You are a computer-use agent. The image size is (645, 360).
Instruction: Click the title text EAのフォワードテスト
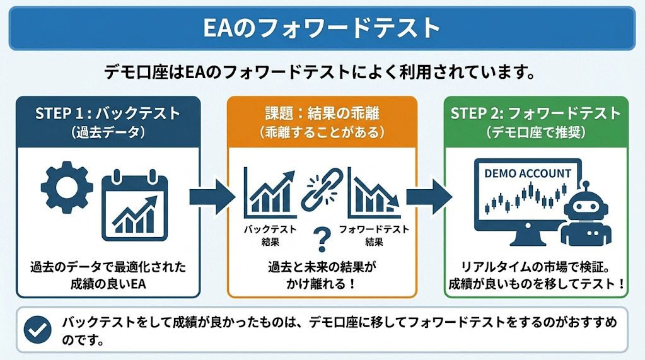point(322,28)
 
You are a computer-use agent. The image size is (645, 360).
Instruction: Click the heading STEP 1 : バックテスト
point(108,113)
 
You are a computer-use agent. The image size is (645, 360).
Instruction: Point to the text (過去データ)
point(108,132)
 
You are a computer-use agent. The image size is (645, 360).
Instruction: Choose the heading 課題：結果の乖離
point(322,113)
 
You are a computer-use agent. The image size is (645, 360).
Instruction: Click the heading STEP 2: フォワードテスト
point(536,113)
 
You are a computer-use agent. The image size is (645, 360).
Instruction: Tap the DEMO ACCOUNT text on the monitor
point(528,173)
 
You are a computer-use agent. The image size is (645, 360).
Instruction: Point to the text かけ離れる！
point(322,283)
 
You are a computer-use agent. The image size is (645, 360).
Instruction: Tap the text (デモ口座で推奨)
point(536,132)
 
